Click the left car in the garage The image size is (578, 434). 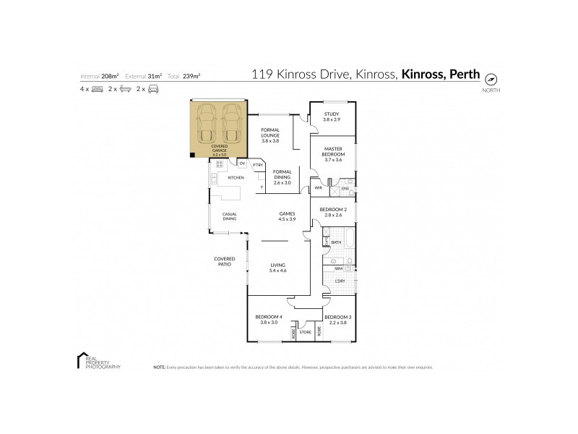[x=206, y=124]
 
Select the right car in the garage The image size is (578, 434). [x=231, y=124]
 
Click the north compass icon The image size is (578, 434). [x=493, y=79]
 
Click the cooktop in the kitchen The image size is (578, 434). [x=219, y=164]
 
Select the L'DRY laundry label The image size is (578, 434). [x=340, y=280]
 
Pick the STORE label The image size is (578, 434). [x=305, y=333]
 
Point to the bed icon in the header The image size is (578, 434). [x=97, y=89]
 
